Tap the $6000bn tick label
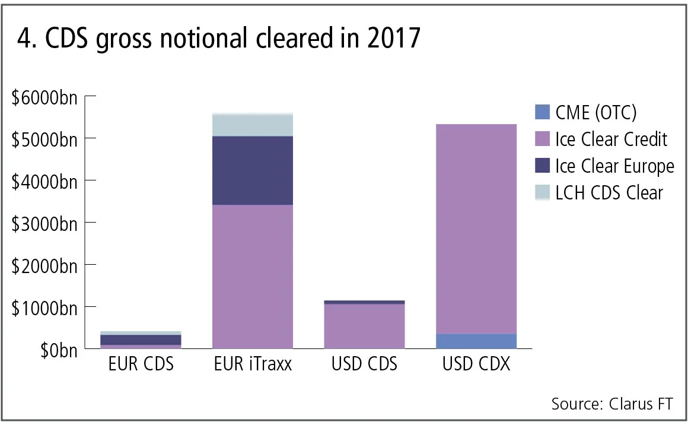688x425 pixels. click(44, 98)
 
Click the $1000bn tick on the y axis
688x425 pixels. click(44, 308)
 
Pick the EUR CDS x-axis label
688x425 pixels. click(141, 364)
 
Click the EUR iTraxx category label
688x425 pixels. click(253, 364)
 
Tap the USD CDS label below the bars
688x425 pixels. click(364, 364)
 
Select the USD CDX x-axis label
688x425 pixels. click(476, 364)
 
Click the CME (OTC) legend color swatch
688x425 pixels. click(542, 112)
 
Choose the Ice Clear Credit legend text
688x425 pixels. click(611, 139)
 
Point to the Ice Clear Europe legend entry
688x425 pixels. click(614, 166)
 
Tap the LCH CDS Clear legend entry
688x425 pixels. click(609, 193)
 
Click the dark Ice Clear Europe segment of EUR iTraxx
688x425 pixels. click(253, 170)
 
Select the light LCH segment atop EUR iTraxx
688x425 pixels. click(253, 125)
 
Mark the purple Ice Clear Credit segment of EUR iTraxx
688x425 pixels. click(253, 276)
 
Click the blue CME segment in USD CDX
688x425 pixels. click(476, 341)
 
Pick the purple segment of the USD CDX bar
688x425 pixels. click(476, 229)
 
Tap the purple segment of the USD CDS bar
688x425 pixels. click(364, 326)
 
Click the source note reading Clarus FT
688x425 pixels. click(612, 404)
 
